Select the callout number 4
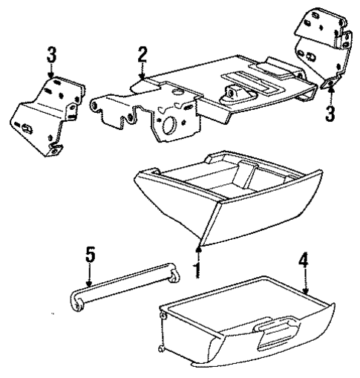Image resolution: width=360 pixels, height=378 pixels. (x=304, y=261)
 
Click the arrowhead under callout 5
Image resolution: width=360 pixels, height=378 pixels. (x=88, y=285)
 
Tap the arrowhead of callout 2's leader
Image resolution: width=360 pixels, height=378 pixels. (x=143, y=77)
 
